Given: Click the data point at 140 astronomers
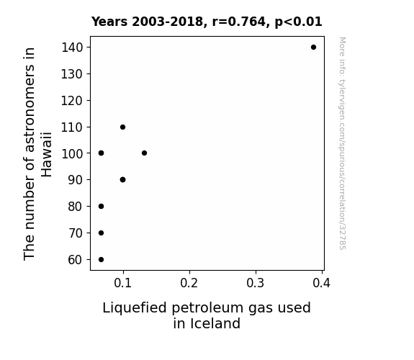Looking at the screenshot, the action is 313,48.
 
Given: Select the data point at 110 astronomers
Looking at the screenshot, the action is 122,127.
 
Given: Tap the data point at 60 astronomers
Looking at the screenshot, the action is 101,259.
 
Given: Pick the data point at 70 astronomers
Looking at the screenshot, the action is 101,233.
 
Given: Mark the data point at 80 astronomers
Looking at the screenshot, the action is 101,207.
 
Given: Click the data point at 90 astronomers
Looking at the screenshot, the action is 122,179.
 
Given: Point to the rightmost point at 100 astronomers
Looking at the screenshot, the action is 144,153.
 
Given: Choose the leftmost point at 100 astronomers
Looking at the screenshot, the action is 101,153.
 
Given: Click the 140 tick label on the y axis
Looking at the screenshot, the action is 72,48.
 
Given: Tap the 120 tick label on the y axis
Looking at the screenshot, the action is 72,101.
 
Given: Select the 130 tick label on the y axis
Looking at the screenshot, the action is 72,74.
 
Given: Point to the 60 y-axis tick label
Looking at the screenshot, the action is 76,260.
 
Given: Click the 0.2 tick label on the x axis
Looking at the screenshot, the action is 189,283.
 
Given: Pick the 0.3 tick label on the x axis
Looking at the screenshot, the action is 256,283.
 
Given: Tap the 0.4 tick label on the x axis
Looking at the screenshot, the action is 322,283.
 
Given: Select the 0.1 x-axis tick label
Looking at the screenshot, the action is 123,283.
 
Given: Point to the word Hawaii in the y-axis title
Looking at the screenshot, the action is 47,155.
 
